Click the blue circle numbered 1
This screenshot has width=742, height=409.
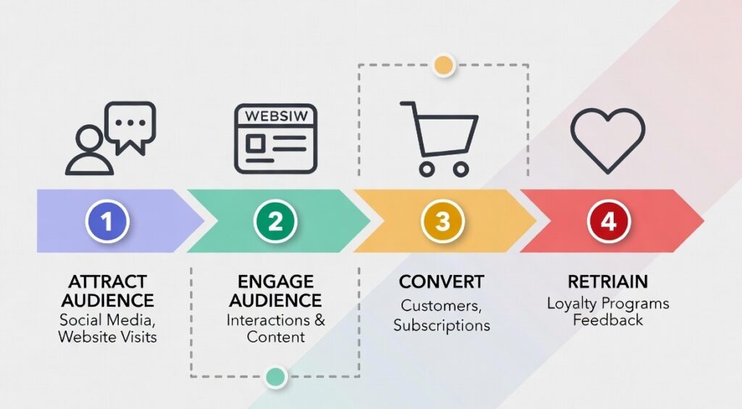point(107,221)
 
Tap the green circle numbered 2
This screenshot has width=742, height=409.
point(275,221)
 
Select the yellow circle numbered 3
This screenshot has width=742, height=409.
point(442,221)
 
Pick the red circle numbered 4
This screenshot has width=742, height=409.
point(609,221)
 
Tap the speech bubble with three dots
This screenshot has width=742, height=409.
point(130,125)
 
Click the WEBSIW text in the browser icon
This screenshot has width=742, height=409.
point(275,117)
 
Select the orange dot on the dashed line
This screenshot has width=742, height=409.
point(443,65)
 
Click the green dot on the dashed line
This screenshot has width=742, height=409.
point(275,376)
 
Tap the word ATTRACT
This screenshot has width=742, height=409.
point(107,281)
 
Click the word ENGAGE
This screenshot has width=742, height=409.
point(275,281)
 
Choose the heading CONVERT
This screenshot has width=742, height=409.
point(441,281)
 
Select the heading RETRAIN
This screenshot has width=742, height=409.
point(608,281)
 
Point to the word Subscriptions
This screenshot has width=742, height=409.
point(441,325)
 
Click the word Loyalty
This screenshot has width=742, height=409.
point(572,303)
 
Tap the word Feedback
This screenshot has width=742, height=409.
point(608,320)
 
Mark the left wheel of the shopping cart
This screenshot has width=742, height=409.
point(427,169)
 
